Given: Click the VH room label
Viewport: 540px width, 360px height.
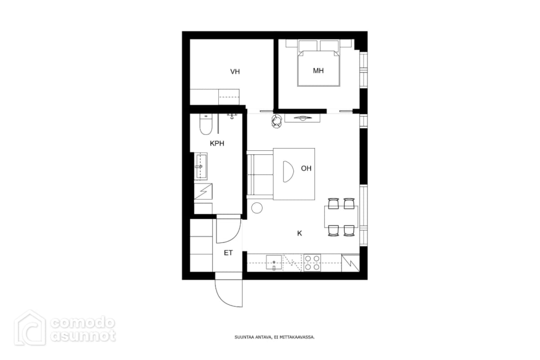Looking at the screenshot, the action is pyautogui.click(x=235, y=72).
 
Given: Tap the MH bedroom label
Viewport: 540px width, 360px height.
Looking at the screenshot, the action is pyautogui.click(x=318, y=71).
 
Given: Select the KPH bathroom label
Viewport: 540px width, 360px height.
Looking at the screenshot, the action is pyautogui.click(x=217, y=144).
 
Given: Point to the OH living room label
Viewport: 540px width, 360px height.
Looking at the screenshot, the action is pyautogui.click(x=306, y=168).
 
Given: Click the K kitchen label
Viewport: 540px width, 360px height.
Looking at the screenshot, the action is pyautogui.click(x=299, y=233).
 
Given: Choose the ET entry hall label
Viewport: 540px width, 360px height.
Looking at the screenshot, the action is pyautogui.click(x=228, y=253).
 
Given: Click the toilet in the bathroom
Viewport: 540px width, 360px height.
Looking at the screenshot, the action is pyautogui.click(x=206, y=124).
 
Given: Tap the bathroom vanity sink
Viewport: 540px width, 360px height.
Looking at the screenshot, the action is pyautogui.click(x=201, y=166).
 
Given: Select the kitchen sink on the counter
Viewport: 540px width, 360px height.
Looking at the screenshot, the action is pyautogui.click(x=274, y=262).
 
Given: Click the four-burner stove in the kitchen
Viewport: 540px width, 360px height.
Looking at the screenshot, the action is pyautogui.click(x=312, y=263).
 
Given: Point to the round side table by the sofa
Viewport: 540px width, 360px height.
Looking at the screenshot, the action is pyautogui.click(x=257, y=208).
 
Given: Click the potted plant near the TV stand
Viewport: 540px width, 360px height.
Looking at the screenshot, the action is pyautogui.click(x=277, y=121).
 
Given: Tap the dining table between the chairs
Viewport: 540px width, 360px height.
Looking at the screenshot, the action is pyautogui.click(x=341, y=216).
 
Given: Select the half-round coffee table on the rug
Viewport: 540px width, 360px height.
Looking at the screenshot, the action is pyautogui.click(x=288, y=172).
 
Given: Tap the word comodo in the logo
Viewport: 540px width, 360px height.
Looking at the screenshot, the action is pyautogui.click(x=82, y=322).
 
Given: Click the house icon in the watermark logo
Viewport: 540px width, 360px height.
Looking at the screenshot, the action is pyautogui.click(x=30, y=328).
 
